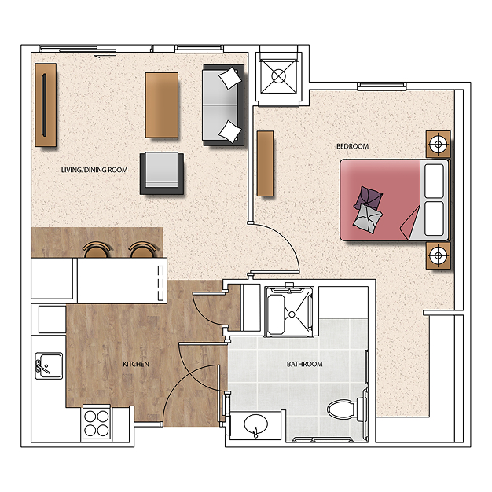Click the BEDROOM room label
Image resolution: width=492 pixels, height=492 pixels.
(x=352, y=146)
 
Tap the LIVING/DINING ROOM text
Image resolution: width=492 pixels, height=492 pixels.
(x=94, y=170)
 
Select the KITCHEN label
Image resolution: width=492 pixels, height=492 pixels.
(x=136, y=364)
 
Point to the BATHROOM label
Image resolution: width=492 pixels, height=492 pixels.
(x=305, y=364)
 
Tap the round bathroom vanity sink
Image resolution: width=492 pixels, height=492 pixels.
(x=255, y=424)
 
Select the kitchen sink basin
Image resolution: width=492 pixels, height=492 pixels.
(x=49, y=365)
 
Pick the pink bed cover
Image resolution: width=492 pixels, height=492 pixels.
(x=380, y=200)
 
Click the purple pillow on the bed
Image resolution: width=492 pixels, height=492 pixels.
(x=369, y=197)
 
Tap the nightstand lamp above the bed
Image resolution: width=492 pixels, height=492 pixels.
(x=439, y=145)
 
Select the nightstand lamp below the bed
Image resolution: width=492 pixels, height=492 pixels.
(x=439, y=255)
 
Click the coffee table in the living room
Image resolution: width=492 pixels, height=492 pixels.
(x=162, y=105)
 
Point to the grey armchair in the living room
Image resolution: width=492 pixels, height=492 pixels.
(x=162, y=173)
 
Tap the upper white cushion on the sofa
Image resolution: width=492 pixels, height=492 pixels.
(x=230, y=78)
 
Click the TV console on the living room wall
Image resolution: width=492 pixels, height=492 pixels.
(x=46, y=105)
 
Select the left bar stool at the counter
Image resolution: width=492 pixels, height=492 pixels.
(x=97, y=249)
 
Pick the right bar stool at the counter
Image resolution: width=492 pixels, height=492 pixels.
(x=143, y=249)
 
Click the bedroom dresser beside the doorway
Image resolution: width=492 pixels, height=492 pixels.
(x=265, y=163)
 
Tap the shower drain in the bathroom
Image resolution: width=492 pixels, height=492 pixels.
(x=292, y=314)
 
